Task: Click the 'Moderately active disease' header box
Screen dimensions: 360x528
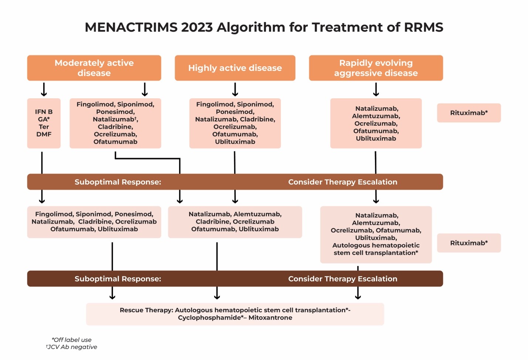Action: click(x=94, y=68)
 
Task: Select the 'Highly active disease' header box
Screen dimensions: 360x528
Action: click(x=235, y=68)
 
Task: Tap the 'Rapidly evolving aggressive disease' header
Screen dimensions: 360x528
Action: click(x=376, y=68)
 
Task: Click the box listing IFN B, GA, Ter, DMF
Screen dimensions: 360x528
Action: click(x=44, y=123)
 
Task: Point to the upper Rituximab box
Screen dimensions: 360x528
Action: click(x=469, y=113)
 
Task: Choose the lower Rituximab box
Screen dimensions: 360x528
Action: click(x=469, y=243)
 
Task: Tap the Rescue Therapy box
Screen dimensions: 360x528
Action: click(x=235, y=314)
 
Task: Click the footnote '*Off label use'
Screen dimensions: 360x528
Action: click(x=72, y=340)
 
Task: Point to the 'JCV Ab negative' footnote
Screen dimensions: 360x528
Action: click(x=72, y=347)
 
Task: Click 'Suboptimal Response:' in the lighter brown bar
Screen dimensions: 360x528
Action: click(x=117, y=182)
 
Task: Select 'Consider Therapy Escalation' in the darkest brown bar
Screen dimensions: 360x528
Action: click(x=343, y=279)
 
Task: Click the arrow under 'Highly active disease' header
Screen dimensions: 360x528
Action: click(x=235, y=89)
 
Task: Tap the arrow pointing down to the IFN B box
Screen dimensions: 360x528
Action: click(x=44, y=89)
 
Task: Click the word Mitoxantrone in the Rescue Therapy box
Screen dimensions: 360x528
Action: click(x=270, y=317)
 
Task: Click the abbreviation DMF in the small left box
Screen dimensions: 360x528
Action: click(x=44, y=134)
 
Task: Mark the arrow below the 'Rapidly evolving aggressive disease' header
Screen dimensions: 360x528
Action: click(x=376, y=89)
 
